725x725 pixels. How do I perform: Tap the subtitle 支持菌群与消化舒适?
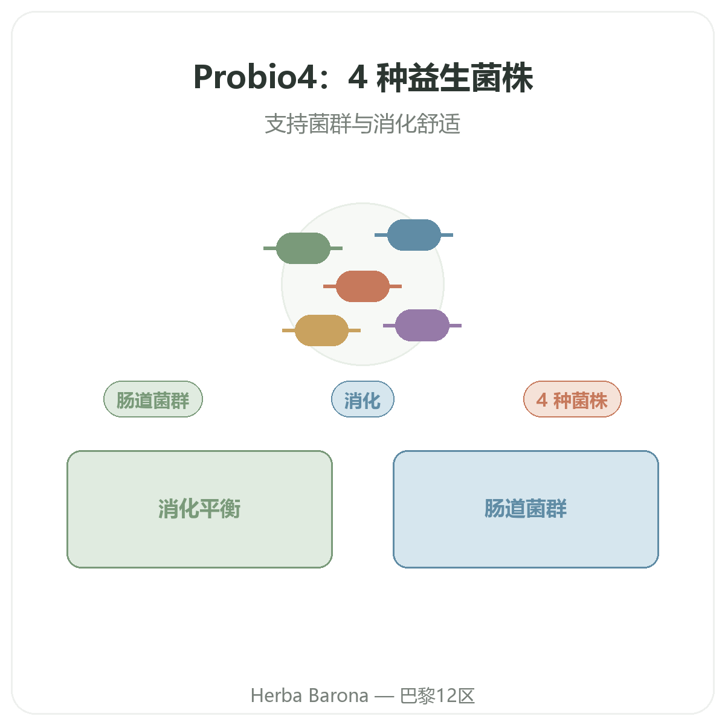click(x=362, y=124)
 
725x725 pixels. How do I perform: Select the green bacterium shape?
click(x=303, y=248)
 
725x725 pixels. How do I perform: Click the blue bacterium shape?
click(x=414, y=235)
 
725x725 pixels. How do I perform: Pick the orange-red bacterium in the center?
click(x=362, y=286)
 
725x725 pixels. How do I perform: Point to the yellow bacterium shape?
click(x=321, y=330)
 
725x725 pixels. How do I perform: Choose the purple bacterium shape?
click(x=422, y=326)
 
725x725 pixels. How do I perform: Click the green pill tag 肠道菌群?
click(x=153, y=399)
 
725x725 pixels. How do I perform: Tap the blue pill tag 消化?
click(x=362, y=399)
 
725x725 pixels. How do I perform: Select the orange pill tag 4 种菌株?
click(x=572, y=399)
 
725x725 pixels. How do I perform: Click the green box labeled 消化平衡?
click(x=199, y=509)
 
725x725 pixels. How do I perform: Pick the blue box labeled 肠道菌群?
click(x=526, y=509)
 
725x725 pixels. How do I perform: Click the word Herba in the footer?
click(x=276, y=695)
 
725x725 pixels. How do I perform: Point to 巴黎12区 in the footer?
click(x=437, y=695)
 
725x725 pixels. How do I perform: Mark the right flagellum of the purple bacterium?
click(x=456, y=326)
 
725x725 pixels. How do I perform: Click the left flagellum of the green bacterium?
click(x=269, y=248)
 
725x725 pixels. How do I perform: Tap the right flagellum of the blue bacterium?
click(x=446, y=235)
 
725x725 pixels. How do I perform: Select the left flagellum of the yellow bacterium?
click(x=289, y=330)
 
